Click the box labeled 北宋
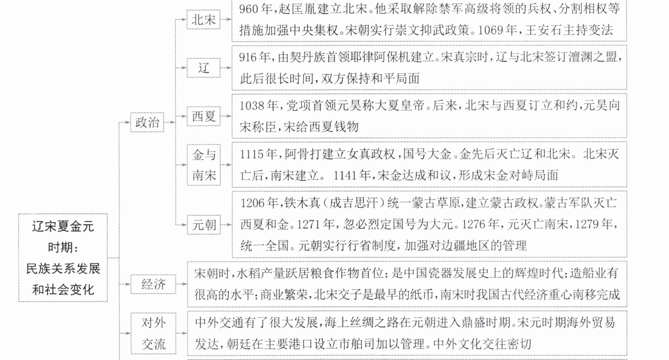(x=204, y=19)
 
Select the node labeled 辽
(x=204, y=68)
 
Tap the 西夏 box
(x=204, y=116)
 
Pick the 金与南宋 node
(x=204, y=165)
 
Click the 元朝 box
(x=204, y=225)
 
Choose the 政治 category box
(x=147, y=122)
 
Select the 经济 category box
(x=153, y=284)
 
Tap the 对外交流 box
(x=153, y=333)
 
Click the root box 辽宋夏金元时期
(x=63, y=258)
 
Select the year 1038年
(x=259, y=105)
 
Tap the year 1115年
(x=259, y=154)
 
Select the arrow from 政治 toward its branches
(x=170, y=122)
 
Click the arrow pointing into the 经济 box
(x=125, y=284)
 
